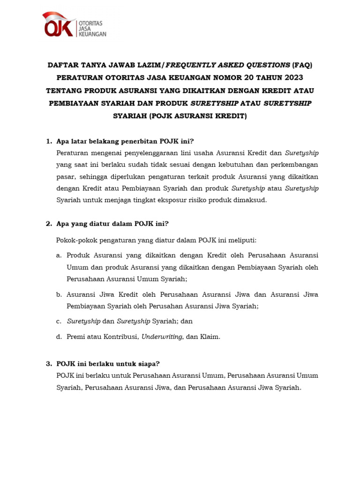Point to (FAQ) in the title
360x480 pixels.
(301, 65)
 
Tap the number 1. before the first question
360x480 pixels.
(48, 141)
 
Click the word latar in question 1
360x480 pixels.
(77, 141)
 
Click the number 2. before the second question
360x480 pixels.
(48, 224)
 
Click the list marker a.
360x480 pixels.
(59, 255)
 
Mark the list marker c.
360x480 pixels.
(59, 322)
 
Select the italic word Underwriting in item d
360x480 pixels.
(163, 337)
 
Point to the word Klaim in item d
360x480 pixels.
(210, 337)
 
